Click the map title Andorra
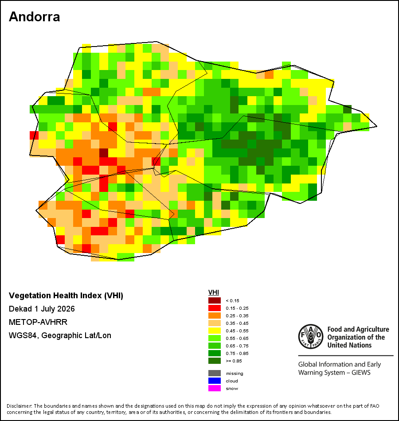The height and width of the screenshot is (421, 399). point(35,17)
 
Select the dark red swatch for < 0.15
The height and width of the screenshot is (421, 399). point(215,300)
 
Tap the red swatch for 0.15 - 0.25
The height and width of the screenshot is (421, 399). point(215,308)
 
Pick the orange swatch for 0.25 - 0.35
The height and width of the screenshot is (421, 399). point(215,316)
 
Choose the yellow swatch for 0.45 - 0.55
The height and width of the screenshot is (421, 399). point(215,331)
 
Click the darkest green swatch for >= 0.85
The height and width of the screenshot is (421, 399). point(215,361)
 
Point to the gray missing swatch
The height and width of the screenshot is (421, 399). point(215,373)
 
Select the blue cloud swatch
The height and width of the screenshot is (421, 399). point(215,381)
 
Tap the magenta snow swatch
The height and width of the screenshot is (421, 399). point(215,388)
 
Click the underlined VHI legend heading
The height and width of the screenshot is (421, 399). point(214,292)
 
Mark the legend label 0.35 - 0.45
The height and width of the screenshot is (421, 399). point(237,323)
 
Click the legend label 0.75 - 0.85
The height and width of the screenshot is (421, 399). point(237,353)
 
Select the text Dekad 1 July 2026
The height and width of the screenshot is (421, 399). point(42,309)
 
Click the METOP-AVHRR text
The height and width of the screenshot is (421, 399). point(38,322)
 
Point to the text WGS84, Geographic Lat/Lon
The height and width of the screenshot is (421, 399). point(60,335)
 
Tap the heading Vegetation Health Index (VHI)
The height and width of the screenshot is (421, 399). point(66,296)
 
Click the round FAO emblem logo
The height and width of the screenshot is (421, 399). point(311,336)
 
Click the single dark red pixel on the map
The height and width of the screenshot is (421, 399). point(104,153)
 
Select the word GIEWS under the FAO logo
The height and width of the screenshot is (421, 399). point(361,373)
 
